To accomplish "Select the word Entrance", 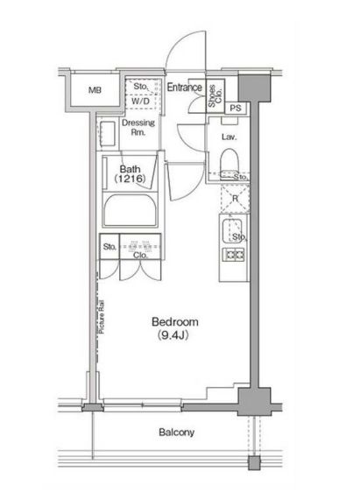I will coord(184,88).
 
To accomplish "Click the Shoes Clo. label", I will coord(215,99).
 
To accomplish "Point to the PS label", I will coord(235,108).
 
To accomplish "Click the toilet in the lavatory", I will coord(230,160).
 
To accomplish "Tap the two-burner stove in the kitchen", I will coord(235,255).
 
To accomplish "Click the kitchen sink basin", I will coord(233,232).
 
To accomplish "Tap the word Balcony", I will coord(176,432).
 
